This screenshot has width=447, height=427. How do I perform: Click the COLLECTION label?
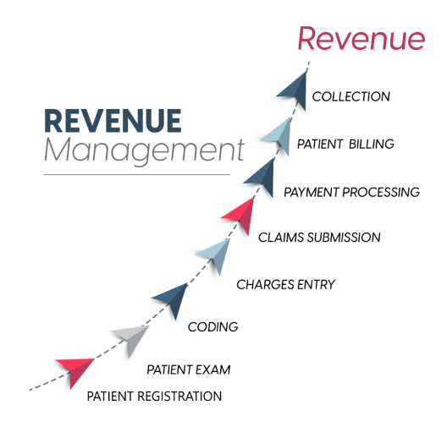coord(351,96)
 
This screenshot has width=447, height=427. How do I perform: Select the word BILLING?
coord(372,144)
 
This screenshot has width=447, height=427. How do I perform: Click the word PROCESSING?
coord(381,192)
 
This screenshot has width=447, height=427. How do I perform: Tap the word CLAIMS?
coord(281,238)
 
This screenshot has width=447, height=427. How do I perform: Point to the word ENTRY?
coord(316,285)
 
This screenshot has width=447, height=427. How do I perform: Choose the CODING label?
coord(213,326)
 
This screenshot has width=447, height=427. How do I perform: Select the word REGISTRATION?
coord(179,397)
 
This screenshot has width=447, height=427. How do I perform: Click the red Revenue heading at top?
coord(361,39)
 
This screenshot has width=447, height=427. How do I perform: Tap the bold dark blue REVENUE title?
coord(113,121)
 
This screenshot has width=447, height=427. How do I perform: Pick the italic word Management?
coord(144,151)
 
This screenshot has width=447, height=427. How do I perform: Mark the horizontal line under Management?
coord(137,174)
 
